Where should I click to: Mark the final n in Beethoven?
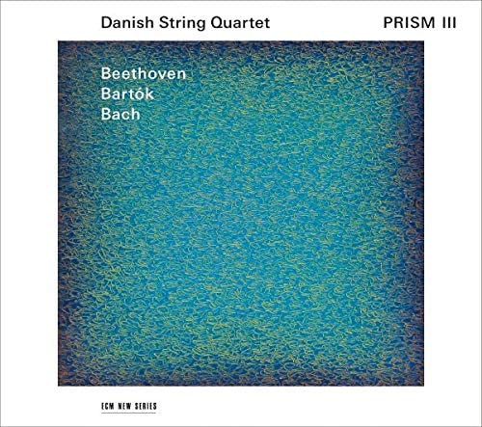coord(179,73)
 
